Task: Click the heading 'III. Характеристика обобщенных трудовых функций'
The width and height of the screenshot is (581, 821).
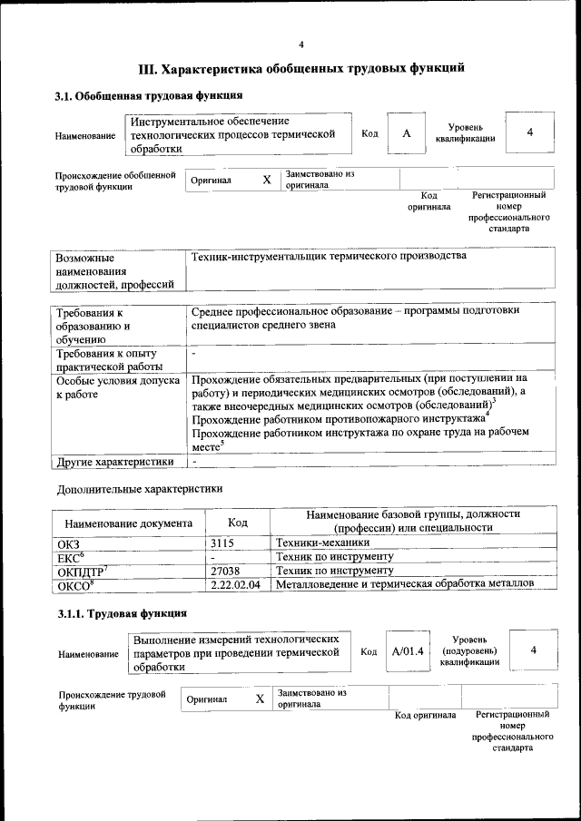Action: click(301, 68)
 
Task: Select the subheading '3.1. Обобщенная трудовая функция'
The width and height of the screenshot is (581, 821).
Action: click(148, 96)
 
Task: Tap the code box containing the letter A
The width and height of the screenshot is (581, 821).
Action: click(407, 133)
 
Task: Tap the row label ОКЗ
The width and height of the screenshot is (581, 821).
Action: click(69, 542)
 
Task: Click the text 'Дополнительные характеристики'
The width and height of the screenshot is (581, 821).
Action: click(139, 488)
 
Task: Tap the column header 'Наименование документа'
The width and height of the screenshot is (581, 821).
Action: click(127, 523)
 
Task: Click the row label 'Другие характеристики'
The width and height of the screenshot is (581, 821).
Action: click(115, 462)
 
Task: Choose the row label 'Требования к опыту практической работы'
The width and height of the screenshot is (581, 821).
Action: click(107, 359)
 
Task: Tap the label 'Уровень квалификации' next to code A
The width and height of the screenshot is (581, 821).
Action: click(465, 133)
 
